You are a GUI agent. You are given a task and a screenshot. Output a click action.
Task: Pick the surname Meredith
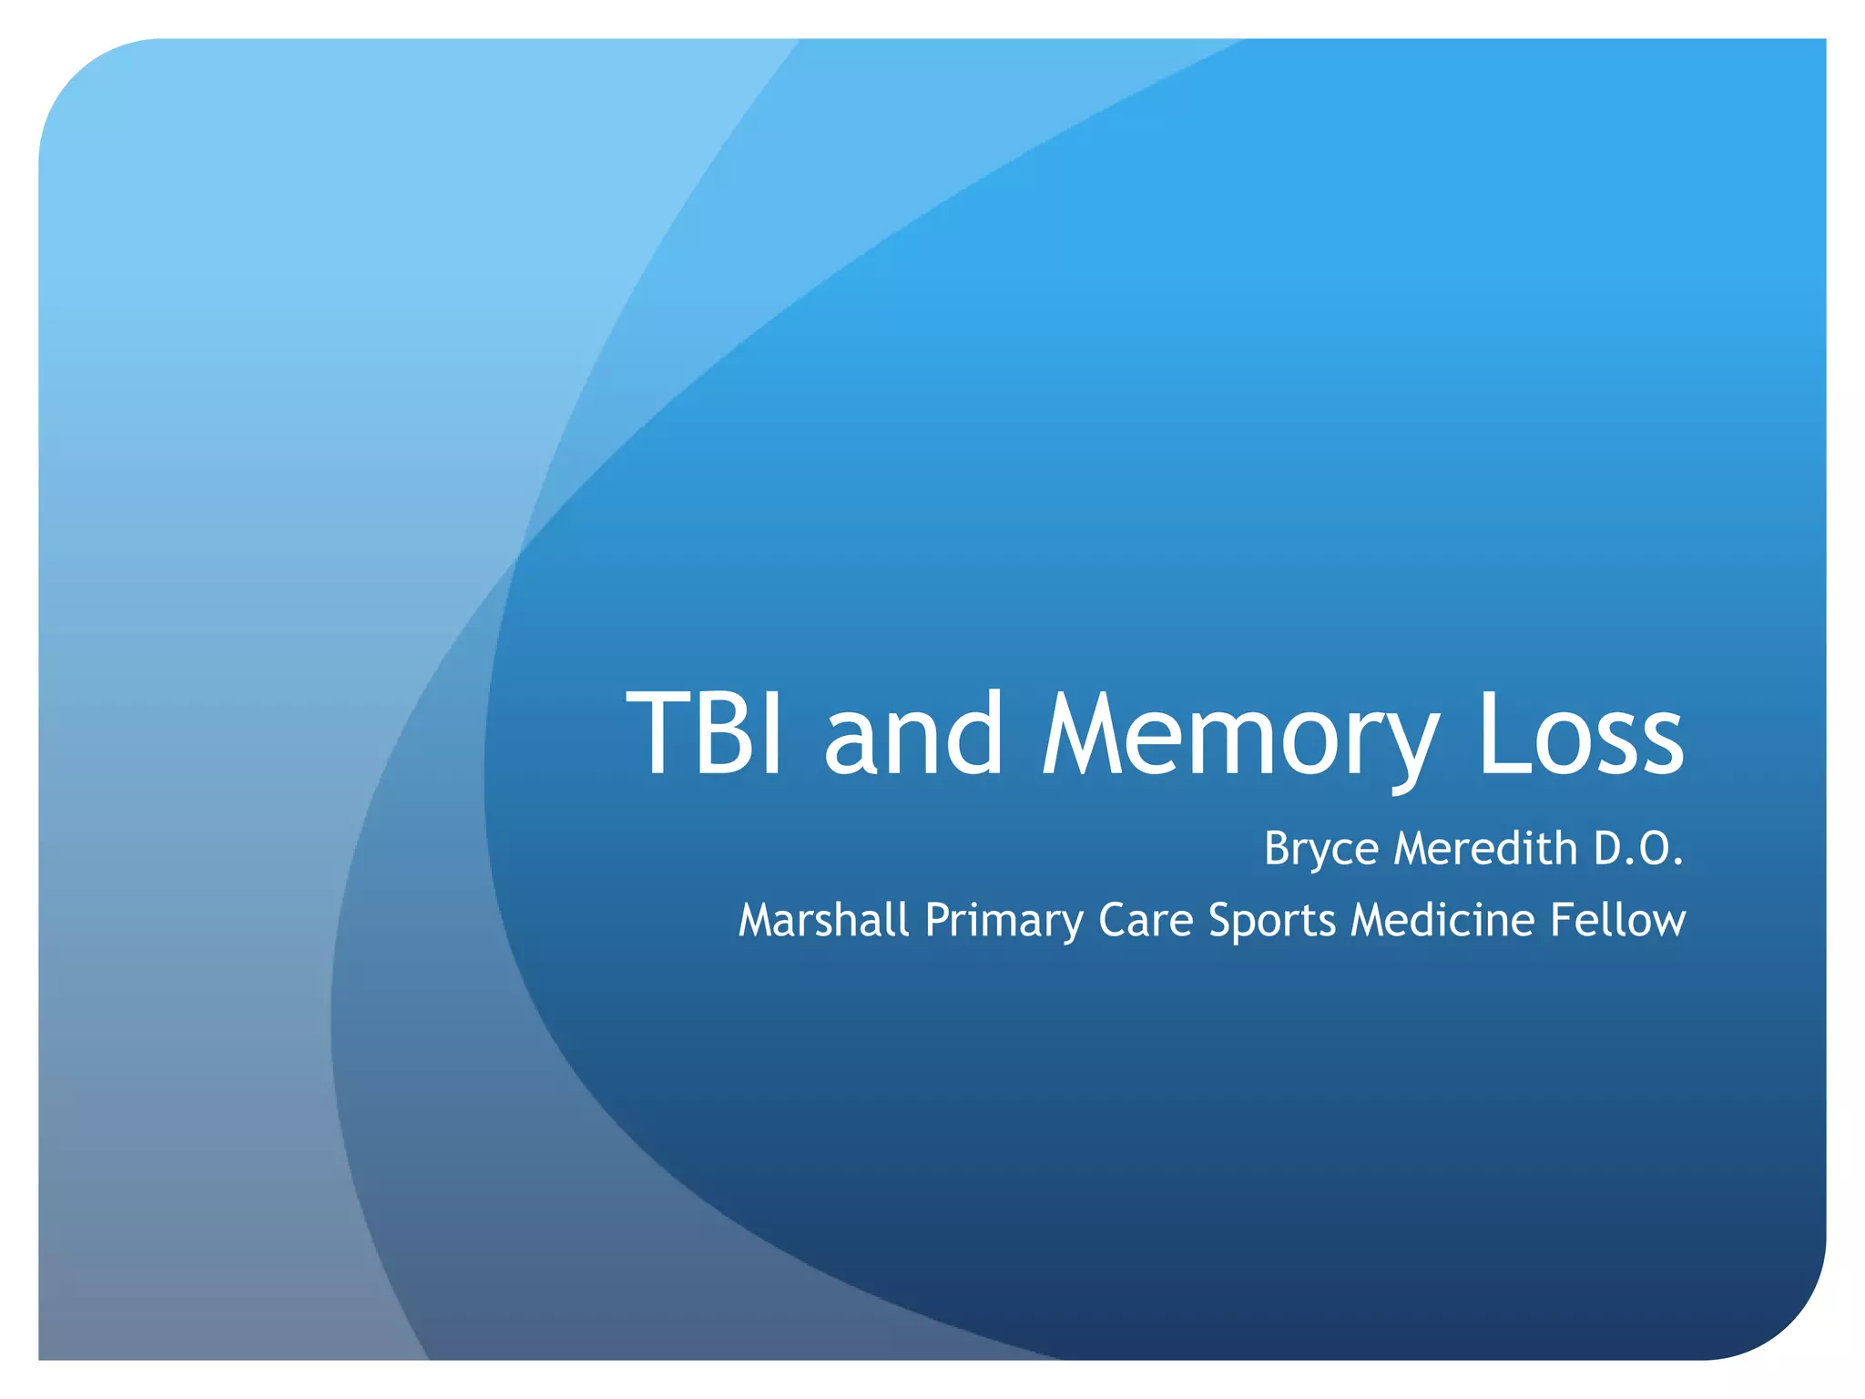1485,848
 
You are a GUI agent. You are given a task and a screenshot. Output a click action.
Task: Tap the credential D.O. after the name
1638,848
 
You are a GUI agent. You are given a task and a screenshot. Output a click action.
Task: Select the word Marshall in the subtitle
823,919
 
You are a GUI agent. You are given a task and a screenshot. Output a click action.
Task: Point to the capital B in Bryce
1277,848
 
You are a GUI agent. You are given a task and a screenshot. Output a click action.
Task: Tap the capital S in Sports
1220,920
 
